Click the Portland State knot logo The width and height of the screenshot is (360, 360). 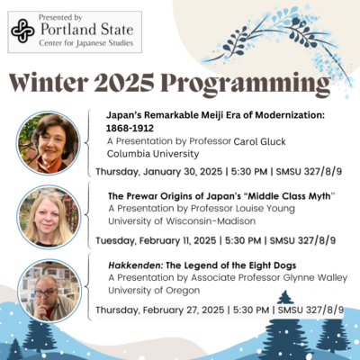coord(22,31)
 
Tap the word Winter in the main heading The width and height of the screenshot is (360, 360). coord(49,83)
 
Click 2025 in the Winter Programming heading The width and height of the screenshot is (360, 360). coord(124,83)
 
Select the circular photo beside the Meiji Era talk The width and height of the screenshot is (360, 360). coord(48,142)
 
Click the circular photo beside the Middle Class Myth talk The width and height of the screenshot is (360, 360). coord(49,217)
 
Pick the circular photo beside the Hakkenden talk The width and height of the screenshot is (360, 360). coord(49,291)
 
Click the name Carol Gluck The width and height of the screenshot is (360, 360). coord(259,141)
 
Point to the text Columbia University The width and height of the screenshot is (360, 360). coord(153,154)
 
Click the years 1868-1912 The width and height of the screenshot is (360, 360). coord(130,128)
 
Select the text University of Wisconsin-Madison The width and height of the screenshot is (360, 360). coord(182,221)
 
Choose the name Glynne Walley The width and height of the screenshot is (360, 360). coord(315,278)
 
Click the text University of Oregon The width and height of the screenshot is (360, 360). coord(154,291)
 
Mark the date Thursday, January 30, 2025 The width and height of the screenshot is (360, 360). coord(159,172)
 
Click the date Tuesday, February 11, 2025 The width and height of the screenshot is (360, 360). coord(156,240)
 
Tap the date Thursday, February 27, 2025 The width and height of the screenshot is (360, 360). coord(160,310)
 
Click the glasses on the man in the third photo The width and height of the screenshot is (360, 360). coord(45,292)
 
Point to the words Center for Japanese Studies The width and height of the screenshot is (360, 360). coord(86,43)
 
